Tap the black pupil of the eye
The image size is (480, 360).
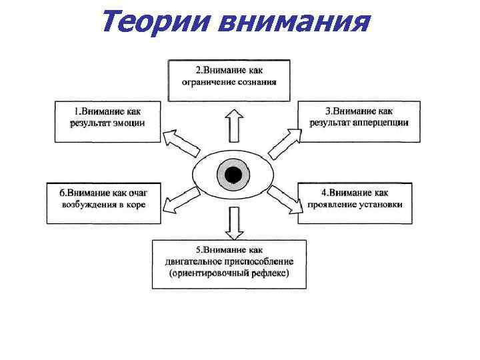tap(233, 175)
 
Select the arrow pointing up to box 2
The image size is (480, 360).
tap(233, 125)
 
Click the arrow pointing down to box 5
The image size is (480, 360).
tap(233, 223)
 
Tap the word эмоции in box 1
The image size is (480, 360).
tap(128, 123)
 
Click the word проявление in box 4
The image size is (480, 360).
tap(330, 205)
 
